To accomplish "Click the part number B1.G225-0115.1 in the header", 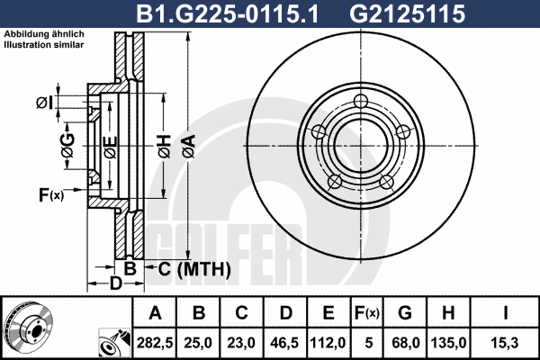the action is click(228, 13).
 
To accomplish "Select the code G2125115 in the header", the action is click(408, 13).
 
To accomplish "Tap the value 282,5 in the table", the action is click(155, 343).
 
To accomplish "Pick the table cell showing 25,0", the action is click(198, 343).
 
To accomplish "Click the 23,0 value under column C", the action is click(241, 343).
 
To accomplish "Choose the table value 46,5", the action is click(284, 343).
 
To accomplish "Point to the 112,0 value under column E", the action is click(328, 343).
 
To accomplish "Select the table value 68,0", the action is click(405, 343).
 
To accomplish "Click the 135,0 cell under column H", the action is click(448, 343).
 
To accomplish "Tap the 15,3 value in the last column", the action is click(505, 343).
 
